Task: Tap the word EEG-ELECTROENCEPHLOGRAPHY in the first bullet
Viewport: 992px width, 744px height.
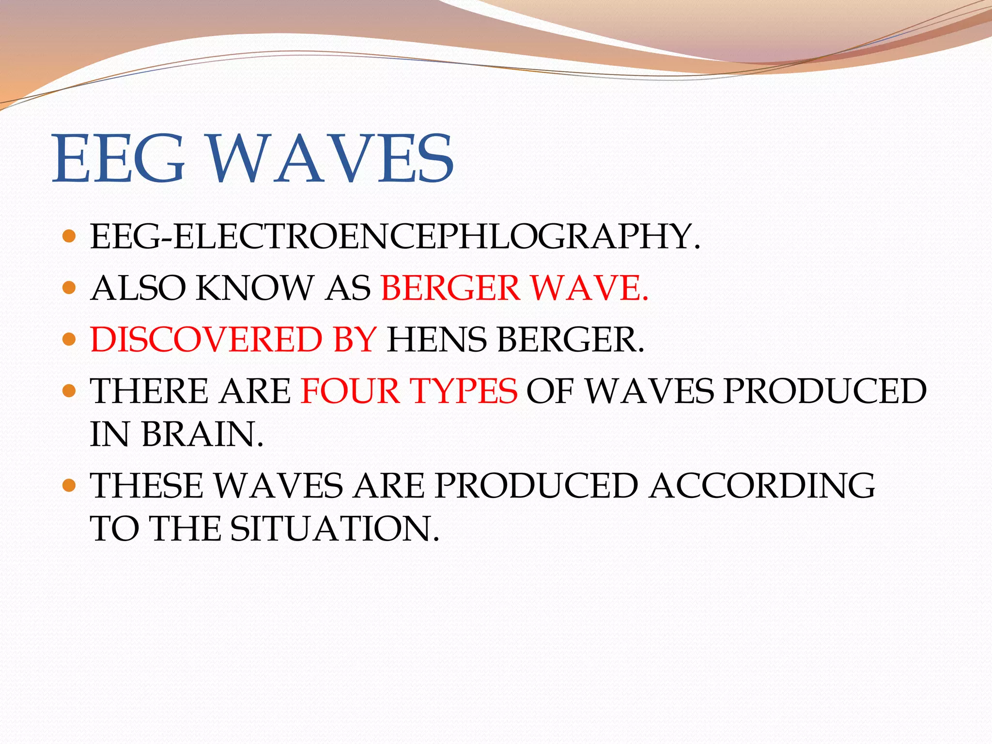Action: coord(395,237)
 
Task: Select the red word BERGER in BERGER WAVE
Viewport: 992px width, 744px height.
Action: coord(450,288)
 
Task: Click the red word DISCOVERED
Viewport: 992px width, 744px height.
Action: coord(206,340)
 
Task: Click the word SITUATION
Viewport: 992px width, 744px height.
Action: coord(334,528)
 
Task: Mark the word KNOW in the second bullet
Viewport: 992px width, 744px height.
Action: coord(255,288)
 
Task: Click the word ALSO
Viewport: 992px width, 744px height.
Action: coord(139,288)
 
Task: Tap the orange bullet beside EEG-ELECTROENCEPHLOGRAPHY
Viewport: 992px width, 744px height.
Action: coord(70,236)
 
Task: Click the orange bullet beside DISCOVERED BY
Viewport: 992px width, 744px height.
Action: coord(70,339)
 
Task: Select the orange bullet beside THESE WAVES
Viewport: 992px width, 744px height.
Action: coord(70,485)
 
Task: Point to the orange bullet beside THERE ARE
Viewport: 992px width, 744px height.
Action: coord(70,390)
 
